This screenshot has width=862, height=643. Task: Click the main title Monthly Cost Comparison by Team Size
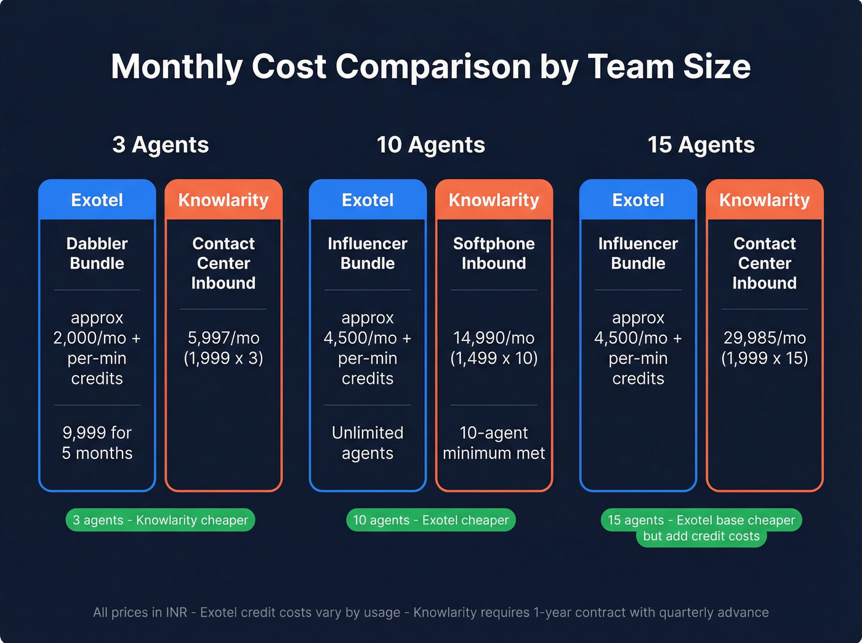coord(430,66)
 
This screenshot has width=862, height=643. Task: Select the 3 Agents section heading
coord(160,145)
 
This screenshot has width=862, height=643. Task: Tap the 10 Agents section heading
coord(430,145)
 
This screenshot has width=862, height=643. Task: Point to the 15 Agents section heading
coord(701,145)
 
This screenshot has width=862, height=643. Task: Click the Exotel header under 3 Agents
coord(97,200)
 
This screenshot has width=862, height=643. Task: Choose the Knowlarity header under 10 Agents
coord(494,200)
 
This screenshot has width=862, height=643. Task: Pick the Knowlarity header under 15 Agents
coord(764,200)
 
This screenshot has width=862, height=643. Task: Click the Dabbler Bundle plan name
coord(97,254)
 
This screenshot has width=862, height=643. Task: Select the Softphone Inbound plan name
coord(494,254)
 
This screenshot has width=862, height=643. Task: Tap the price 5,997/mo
coord(224,338)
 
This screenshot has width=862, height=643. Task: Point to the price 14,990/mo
coord(494,338)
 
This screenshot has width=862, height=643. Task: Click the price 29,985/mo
coord(764,338)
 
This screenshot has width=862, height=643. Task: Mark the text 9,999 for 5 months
coord(97,443)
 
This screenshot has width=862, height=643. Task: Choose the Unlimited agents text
coord(368,443)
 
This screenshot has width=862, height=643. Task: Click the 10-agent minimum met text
coord(494,443)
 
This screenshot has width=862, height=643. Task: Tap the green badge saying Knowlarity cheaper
coord(160,520)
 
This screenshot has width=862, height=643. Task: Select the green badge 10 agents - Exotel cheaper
coord(430,520)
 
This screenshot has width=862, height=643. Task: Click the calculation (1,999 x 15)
coord(764,358)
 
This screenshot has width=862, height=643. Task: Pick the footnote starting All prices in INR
coord(430,612)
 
